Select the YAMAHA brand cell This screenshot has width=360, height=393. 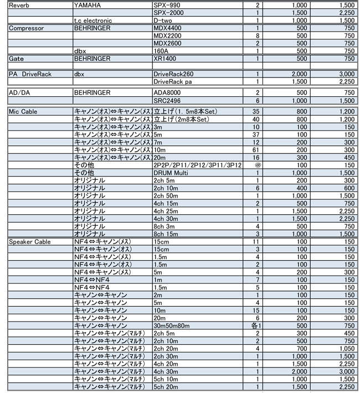88,4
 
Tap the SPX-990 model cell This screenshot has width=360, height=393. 168,4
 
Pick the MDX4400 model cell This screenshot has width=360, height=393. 168,28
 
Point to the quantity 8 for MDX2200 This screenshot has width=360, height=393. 258,35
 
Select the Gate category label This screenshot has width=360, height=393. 16,58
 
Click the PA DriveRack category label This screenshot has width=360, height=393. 31,74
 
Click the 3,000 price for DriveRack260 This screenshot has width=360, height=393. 345,74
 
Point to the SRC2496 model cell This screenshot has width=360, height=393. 167,100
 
